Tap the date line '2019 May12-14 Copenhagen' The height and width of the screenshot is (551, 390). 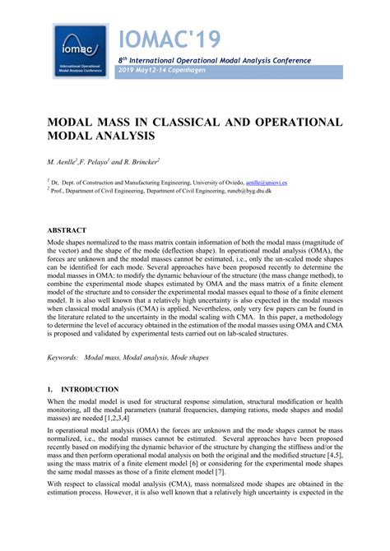tap(161, 71)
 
